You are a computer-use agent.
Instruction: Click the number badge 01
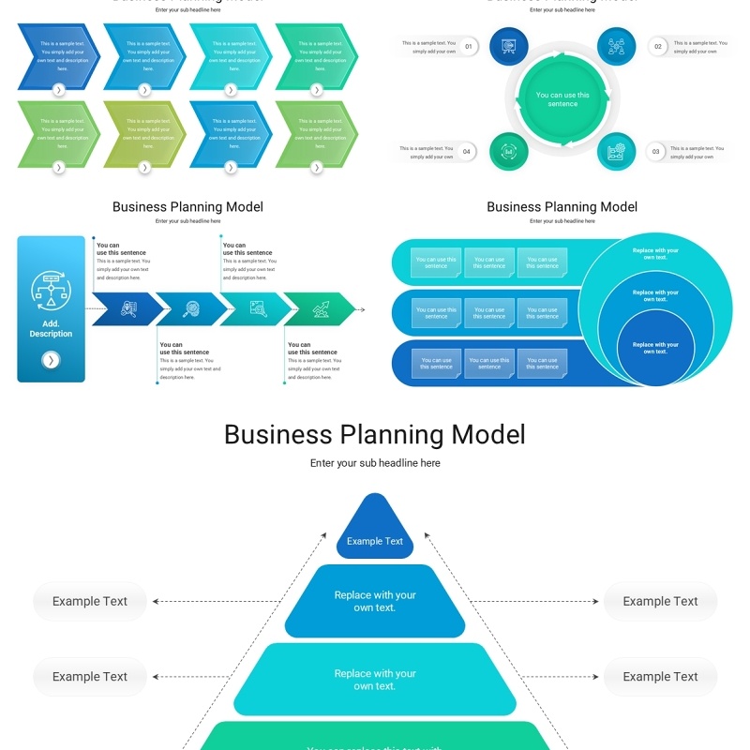(x=469, y=46)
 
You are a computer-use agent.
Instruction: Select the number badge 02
(x=657, y=46)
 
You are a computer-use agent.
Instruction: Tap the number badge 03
(x=655, y=151)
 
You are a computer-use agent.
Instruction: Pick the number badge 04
(x=467, y=151)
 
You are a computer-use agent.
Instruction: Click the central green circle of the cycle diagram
(x=562, y=98)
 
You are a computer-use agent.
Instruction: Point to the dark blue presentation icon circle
(x=509, y=46)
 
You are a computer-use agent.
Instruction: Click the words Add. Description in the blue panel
(x=51, y=329)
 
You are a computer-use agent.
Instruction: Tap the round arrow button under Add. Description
(x=51, y=360)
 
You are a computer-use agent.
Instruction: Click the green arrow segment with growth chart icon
(x=320, y=307)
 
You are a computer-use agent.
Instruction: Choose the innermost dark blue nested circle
(x=655, y=347)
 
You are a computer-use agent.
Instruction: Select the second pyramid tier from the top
(x=375, y=601)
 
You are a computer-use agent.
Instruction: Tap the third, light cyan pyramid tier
(x=375, y=680)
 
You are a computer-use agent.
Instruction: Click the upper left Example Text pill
(x=90, y=602)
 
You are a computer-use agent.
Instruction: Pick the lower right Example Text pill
(x=660, y=677)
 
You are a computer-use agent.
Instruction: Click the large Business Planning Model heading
(x=375, y=435)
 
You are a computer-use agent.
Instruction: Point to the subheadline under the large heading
(x=375, y=463)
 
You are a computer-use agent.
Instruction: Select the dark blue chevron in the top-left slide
(x=58, y=56)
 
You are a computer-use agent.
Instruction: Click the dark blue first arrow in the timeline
(x=125, y=307)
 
